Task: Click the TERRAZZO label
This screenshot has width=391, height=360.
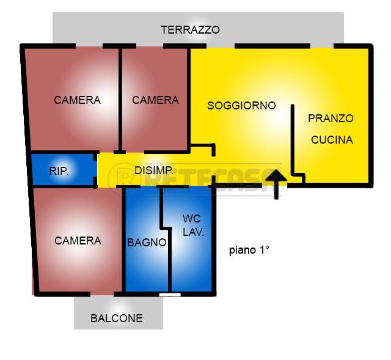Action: point(190,30)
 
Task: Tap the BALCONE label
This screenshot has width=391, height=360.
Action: point(117,318)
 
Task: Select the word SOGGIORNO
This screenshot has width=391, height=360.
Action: point(241,106)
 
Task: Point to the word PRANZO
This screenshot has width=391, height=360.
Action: point(331,118)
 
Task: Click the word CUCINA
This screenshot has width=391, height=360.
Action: point(332,140)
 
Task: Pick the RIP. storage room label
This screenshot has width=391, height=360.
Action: point(59,171)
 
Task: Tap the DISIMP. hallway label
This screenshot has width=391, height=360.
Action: point(154,171)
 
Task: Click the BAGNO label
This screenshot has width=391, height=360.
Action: point(147,242)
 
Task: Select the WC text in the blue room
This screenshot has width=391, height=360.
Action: point(191,219)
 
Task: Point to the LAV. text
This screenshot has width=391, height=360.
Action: point(194,232)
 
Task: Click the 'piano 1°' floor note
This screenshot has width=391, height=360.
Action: point(249,250)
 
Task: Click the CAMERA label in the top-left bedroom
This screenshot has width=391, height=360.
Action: point(77,100)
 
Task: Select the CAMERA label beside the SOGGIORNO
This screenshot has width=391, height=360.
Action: point(155,100)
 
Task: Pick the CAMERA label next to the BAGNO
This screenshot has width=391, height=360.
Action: point(78,241)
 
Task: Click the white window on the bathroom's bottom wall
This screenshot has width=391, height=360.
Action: point(170,295)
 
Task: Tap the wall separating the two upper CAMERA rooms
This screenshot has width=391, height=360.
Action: point(120,100)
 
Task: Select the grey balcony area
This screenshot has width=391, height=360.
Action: point(119,313)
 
